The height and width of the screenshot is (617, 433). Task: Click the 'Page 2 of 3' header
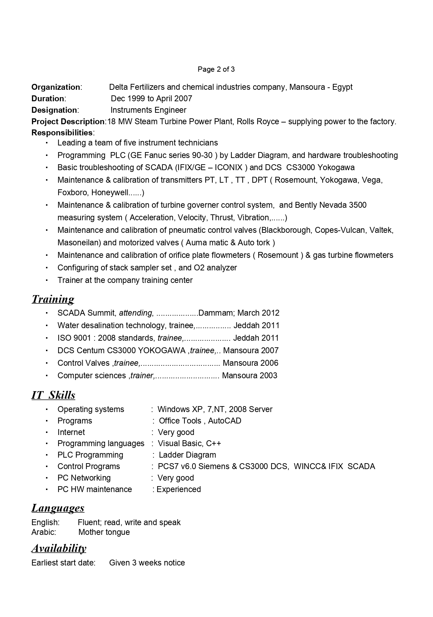[216, 69]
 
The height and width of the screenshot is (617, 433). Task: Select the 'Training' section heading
[53, 299]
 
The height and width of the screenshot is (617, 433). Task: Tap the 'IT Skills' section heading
[53, 395]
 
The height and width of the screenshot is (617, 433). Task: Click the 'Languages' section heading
[58, 508]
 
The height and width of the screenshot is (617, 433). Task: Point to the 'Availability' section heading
[59, 548]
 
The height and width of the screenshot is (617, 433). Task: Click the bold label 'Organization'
[56, 87]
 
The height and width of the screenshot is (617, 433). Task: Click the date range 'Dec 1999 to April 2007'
[151, 98]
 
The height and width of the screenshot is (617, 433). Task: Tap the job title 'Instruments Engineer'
[148, 110]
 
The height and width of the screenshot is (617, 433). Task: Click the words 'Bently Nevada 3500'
[331, 205]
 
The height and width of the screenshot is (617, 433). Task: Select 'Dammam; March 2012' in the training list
[239, 313]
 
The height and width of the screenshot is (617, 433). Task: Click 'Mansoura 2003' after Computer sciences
[250, 375]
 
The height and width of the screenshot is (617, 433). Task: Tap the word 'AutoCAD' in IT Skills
[225, 421]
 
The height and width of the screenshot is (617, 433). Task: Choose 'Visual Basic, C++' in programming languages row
[189, 443]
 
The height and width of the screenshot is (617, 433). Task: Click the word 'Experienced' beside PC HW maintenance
[178, 489]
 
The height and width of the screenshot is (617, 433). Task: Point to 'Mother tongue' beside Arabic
[104, 532]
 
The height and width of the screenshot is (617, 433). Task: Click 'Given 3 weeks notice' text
[147, 563]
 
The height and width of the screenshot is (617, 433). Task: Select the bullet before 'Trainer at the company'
[46, 280]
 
